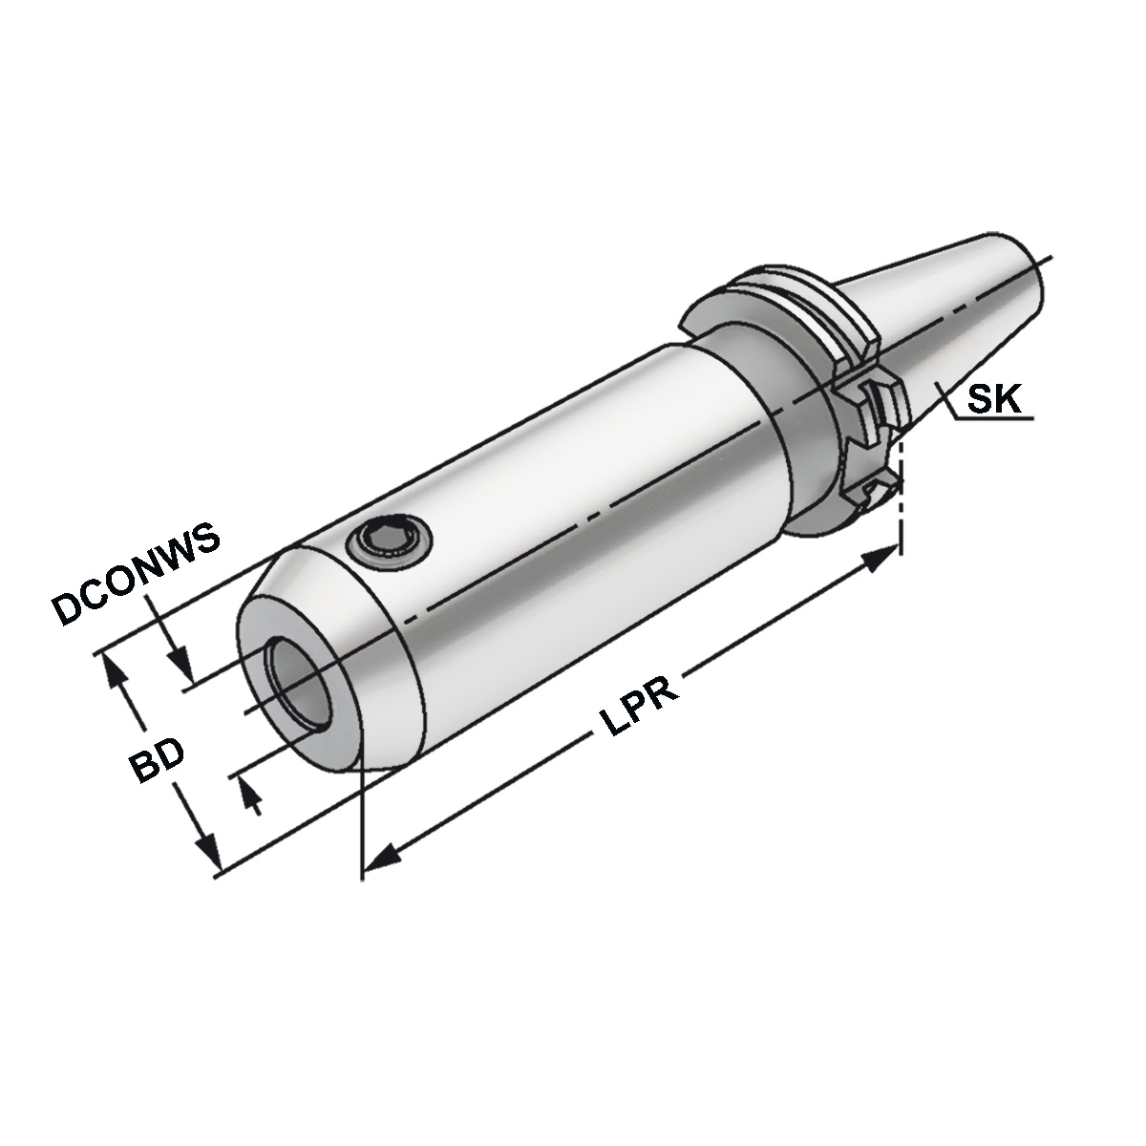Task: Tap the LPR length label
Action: tap(640, 708)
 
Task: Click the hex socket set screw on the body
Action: tap(391, 542)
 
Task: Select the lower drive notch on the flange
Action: tap(877, 492)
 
